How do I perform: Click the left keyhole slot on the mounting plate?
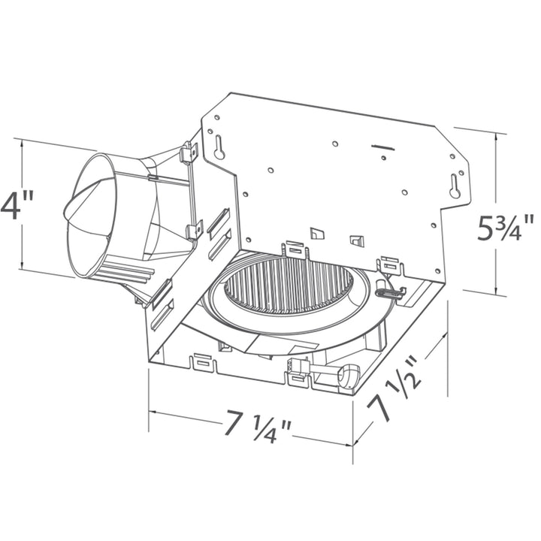click(219, 147)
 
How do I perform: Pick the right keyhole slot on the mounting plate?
click(455, 186)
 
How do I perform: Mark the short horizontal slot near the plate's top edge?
click(382, 147)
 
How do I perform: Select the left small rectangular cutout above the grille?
click(317, 233)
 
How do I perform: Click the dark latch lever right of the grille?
click(388, 294)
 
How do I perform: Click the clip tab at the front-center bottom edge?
click(298, 378)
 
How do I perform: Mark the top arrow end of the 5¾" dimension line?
click(495, 133)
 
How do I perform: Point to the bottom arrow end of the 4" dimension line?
click(23, 268)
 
